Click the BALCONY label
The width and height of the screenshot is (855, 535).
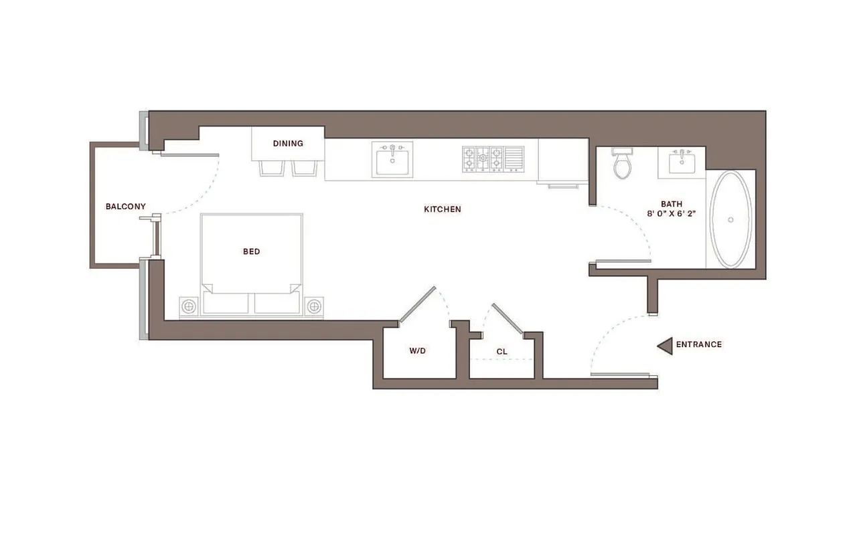[x=125, y=207]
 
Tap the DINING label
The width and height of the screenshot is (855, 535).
[x=288, y=144]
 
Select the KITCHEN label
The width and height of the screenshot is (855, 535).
[x=443, y=209]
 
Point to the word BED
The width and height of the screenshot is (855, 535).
[x=251, y=252]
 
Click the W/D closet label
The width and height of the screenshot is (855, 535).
[x=418, y=351]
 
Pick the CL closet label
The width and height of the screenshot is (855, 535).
[x=502, y=351]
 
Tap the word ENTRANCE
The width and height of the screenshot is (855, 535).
[x=698, y=345]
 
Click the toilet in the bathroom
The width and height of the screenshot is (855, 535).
[x=623, y=164]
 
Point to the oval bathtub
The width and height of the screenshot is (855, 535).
[x=730, y=219]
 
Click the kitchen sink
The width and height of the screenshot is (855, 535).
[x=393, y=160]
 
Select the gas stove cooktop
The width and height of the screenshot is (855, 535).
[x=482, y=160]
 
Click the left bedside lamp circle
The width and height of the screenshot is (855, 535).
[x=189, y=307]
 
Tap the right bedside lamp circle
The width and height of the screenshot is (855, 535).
[x=314, y=307]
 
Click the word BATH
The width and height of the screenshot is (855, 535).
[x=672, y=204]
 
